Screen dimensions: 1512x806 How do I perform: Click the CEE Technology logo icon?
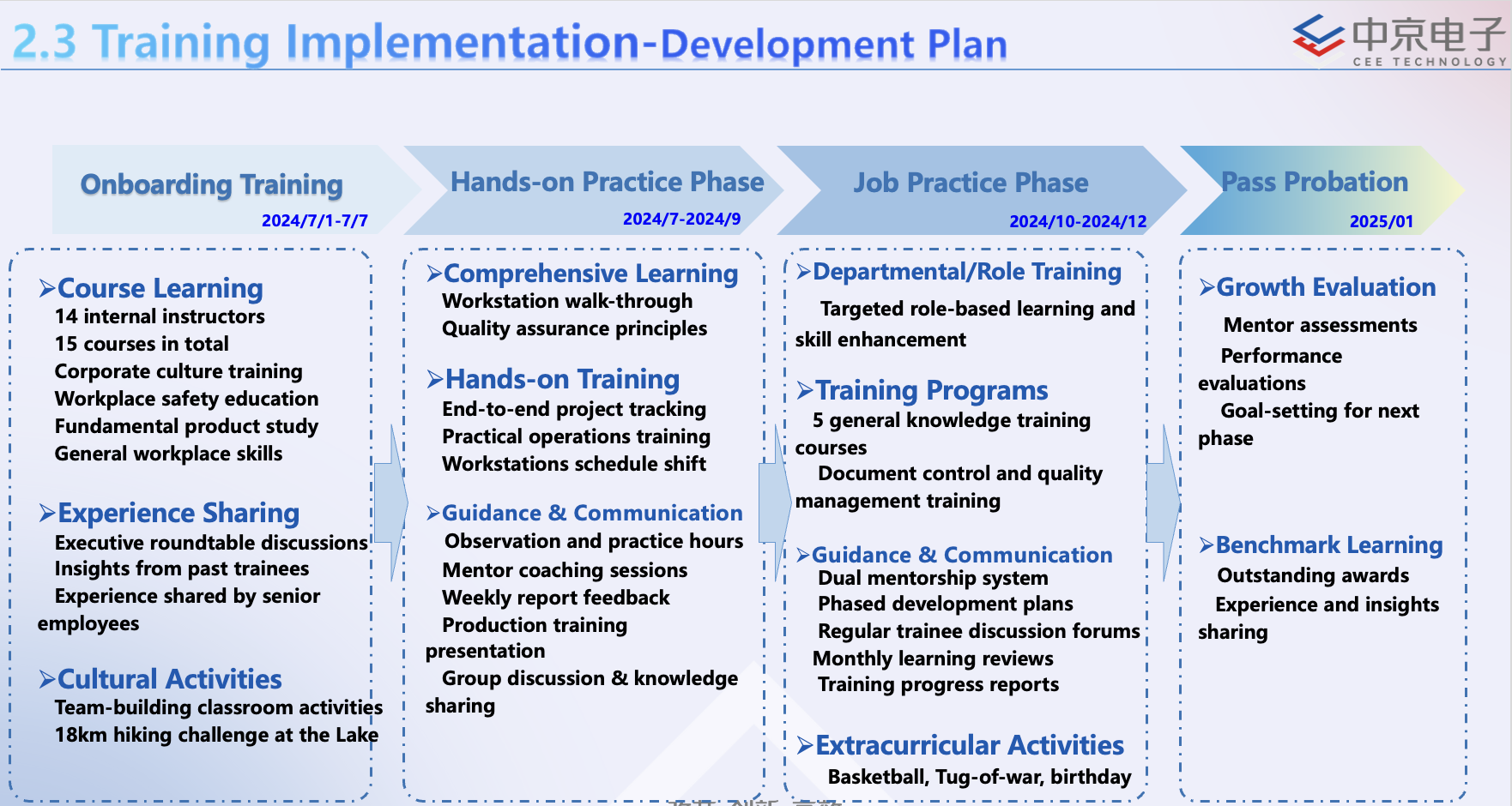[x=1318, y=36]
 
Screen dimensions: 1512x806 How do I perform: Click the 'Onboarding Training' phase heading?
[x=211, y=184]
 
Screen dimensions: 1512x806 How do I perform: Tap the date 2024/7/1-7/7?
[x=315, y=220]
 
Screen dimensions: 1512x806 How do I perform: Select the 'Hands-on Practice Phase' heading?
[x=607, y=182]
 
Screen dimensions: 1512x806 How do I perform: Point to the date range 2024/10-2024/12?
[x=1078, y=221]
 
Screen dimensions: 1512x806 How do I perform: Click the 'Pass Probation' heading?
[x=1315, y=182]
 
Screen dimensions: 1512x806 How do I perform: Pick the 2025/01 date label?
[x=1382, y=221]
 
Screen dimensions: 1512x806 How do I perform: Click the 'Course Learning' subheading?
[x=160, y=288]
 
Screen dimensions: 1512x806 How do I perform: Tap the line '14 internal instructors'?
[x=160, y=316]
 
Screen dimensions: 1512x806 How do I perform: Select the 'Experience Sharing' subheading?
[x=178, y=513]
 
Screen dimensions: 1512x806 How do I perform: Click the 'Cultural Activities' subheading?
[x=169, y=679]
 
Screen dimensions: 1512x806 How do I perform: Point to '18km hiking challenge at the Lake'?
[x=216, y=735]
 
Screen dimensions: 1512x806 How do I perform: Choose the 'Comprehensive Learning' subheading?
[x=590, y=274]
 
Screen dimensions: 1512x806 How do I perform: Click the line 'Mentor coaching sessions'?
[x=565, y=570]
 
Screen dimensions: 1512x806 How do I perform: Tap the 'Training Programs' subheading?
[x=931, y=390]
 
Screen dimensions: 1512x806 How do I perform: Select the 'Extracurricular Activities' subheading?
[x=970, y=745]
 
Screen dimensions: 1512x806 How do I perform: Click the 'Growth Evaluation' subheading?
[x=1326, y=287]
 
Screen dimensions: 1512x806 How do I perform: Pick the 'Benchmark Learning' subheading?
[x=1329, y=545]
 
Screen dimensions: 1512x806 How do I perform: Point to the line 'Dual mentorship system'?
[x=933, y=578]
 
